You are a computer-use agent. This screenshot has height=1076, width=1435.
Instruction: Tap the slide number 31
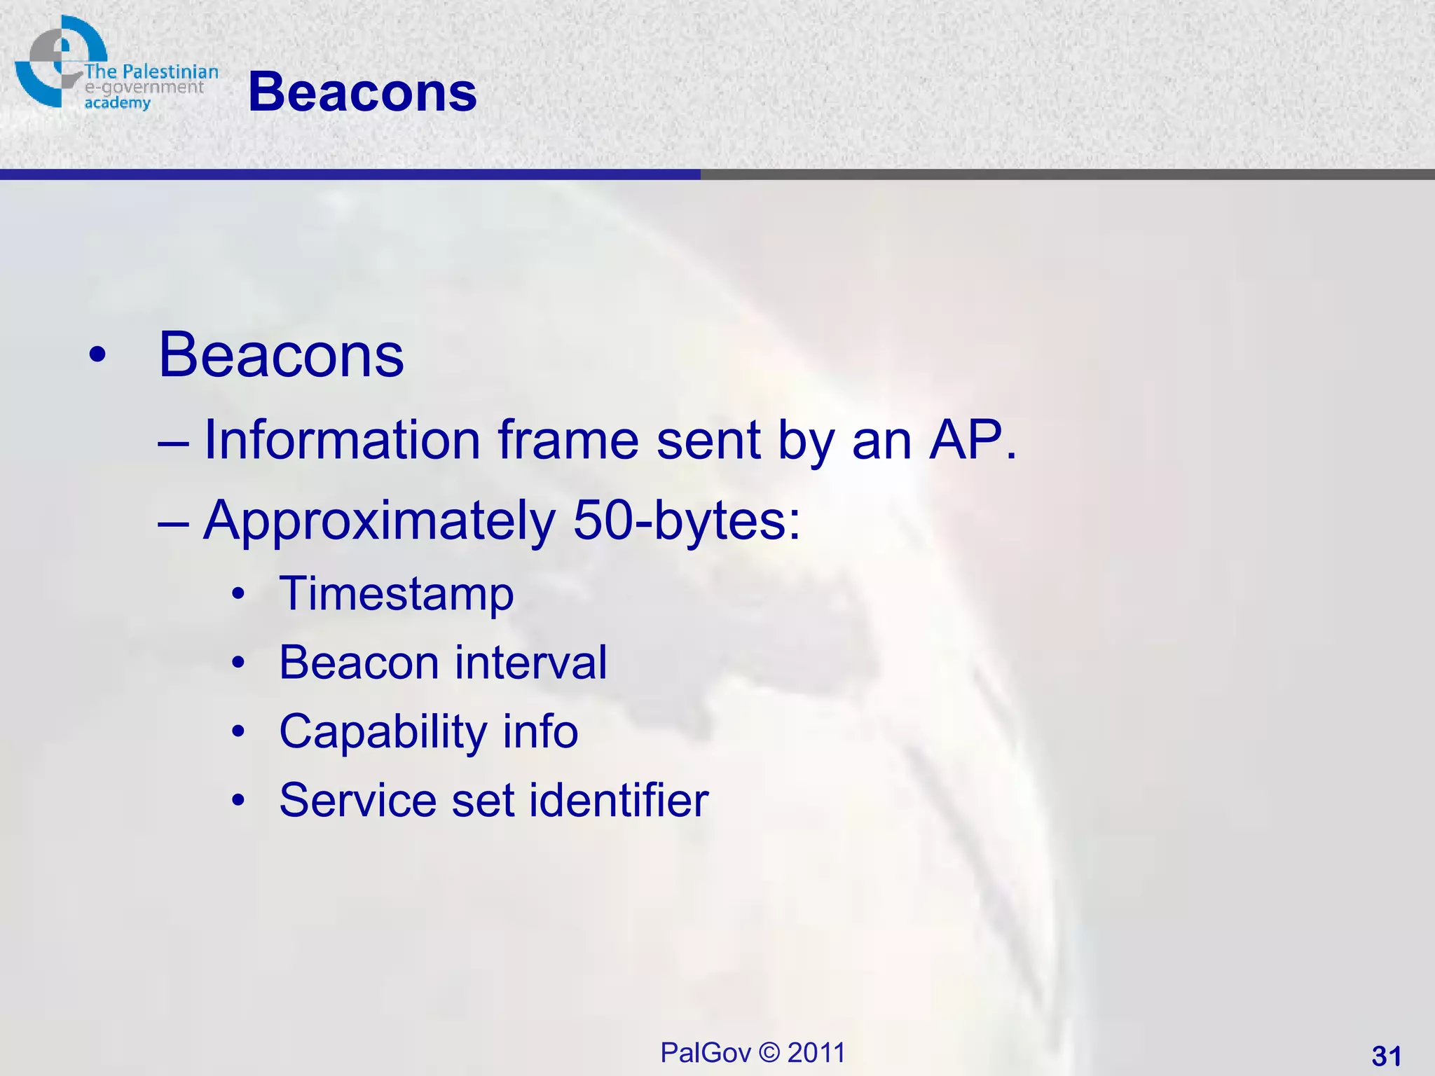click(1386, 1056)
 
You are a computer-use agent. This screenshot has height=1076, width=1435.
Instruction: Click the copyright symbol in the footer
click(769, 1053)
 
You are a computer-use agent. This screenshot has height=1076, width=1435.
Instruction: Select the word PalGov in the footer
click(705, 1053)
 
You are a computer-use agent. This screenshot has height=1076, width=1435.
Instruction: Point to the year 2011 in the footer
click(816, 1053)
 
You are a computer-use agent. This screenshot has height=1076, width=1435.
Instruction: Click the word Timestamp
click(397, 594)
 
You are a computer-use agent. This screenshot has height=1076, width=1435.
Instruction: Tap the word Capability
click(383, 732)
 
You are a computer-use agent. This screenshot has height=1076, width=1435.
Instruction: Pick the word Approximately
click(379, 521)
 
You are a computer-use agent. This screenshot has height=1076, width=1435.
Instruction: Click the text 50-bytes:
click(687, 521)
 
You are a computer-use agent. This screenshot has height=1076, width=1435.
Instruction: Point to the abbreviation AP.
click(971, 440)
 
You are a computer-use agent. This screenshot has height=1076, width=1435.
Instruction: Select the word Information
click(341, 440)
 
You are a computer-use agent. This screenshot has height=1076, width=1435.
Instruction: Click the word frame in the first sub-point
click(568, 440)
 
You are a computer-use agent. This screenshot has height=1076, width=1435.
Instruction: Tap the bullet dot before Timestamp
click(239, 594)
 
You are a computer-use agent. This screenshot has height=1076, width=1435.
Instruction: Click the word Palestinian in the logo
click(170, 71)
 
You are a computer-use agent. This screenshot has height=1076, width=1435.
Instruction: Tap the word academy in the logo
click(117, 103)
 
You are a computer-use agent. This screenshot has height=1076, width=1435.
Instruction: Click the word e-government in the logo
click(144, 88)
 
